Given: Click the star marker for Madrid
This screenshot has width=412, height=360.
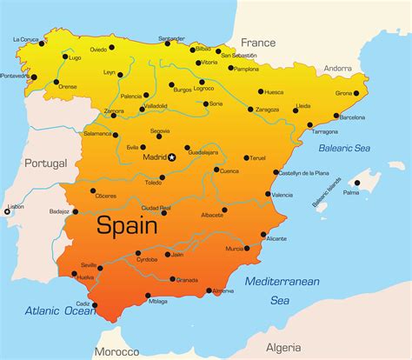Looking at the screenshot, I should tap(172, 157).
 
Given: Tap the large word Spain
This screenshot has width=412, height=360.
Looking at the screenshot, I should tap(126, 226).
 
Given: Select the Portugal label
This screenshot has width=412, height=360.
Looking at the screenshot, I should tap(45, 163).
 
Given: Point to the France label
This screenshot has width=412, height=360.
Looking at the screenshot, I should tap(257, 42).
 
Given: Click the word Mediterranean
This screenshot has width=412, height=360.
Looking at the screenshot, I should tap(282, 281).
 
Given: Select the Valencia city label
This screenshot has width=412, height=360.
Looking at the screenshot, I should tap(282, 195).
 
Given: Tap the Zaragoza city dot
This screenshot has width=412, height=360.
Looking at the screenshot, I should tap(250, 110).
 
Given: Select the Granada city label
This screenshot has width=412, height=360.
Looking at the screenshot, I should tap(188, 280).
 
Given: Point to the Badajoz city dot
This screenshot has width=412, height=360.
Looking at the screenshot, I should tap(76, 211).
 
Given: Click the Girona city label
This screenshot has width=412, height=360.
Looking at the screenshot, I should tap(344, 93).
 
